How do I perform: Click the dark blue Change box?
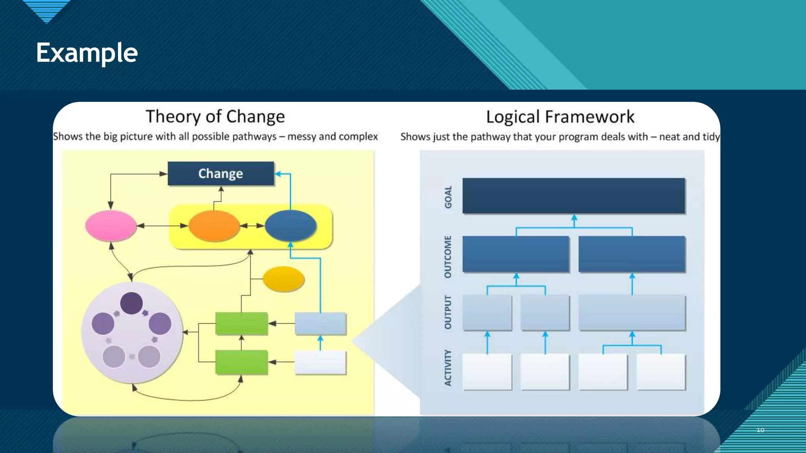220,173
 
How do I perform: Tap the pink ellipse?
111,226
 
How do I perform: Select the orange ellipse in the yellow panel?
214,226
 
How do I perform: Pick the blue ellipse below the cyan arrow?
290,226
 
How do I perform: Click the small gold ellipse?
283,279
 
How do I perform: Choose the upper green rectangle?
242,323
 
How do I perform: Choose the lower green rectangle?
242,362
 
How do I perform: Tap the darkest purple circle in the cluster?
131,303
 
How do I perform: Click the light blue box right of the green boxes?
320,323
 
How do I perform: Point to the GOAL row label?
448,197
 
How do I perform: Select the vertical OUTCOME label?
448,256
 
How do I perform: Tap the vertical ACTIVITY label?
448,368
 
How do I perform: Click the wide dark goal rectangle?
573,196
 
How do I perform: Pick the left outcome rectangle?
516,254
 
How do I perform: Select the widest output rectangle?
632,313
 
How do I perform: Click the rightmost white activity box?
661,372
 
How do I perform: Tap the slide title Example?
87,53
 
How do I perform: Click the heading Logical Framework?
560,117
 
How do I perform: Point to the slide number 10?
760,430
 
